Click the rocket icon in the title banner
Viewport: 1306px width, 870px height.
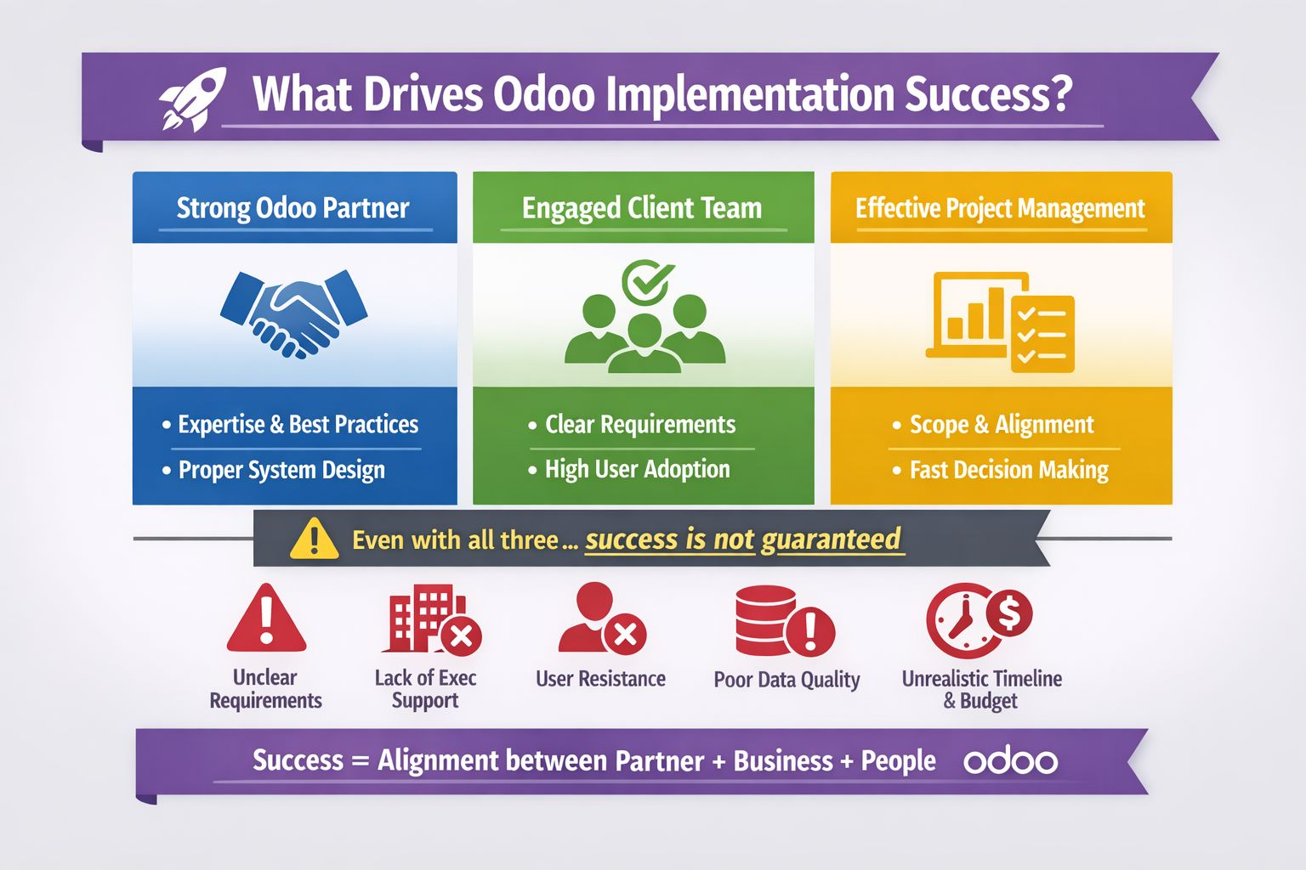tap(192, 99)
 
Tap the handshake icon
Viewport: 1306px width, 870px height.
tap(294, 314)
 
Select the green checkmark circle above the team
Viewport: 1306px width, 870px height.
tap(647, 281)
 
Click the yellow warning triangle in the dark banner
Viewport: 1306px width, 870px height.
tap(315, 539)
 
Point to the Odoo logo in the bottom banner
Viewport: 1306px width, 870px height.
tap(1010, 761)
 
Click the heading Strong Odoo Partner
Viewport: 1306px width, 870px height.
tap(292, 209)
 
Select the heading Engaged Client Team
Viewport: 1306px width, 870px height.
tap(642, 209)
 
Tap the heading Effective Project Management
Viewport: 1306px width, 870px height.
tap(1001, 209)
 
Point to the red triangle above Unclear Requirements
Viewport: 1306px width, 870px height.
tap(266, 619)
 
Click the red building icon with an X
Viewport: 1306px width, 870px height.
tap(432, 619)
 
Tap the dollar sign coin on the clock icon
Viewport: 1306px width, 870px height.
tap(1009, 613)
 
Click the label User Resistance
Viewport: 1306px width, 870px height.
tap(600, 679)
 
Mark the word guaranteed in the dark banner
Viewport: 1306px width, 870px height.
tap(831, 540)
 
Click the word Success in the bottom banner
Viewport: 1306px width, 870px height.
tap(298, 760)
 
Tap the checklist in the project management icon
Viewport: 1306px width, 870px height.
tap(1043, 334)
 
